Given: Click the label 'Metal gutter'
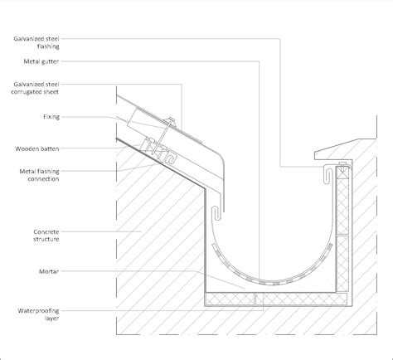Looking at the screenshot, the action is coord(41,61).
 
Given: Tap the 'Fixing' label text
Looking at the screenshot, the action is coord(51,117).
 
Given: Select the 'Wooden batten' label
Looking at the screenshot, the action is coord(37,148).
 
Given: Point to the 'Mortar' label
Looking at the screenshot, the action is coord(49,271).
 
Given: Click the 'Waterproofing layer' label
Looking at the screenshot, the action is coord(38,314).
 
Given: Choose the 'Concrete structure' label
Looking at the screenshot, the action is coord(46,236).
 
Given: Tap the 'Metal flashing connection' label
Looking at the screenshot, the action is coord(39,175).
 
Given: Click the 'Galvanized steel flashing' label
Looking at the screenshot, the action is coord(36,42).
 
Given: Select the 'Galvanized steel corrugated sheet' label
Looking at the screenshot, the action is coord(35,88).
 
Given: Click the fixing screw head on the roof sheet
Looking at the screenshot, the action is coord(172,120).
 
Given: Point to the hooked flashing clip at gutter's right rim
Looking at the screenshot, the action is coord(328,173).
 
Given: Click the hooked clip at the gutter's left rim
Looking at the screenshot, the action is coord(216,213).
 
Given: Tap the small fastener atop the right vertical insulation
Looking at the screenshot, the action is coord(342,167).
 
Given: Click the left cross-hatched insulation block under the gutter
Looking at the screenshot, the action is coord(230,299).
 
